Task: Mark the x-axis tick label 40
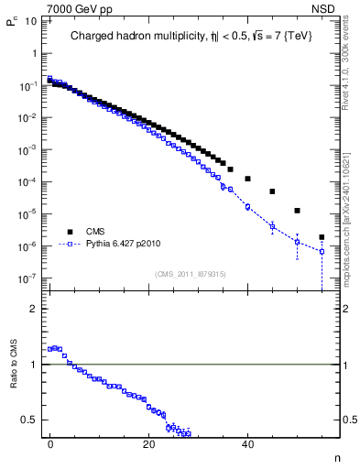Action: (x=247, y=442)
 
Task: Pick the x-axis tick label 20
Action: (x=148, y=442)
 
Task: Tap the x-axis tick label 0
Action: (x=50, y=442)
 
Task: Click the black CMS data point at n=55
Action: (x=322, y=237)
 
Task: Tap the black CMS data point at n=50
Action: (x=297, y=211)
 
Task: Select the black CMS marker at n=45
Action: (x=272, y=191)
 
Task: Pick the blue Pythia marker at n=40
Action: (x=247, y=207)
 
